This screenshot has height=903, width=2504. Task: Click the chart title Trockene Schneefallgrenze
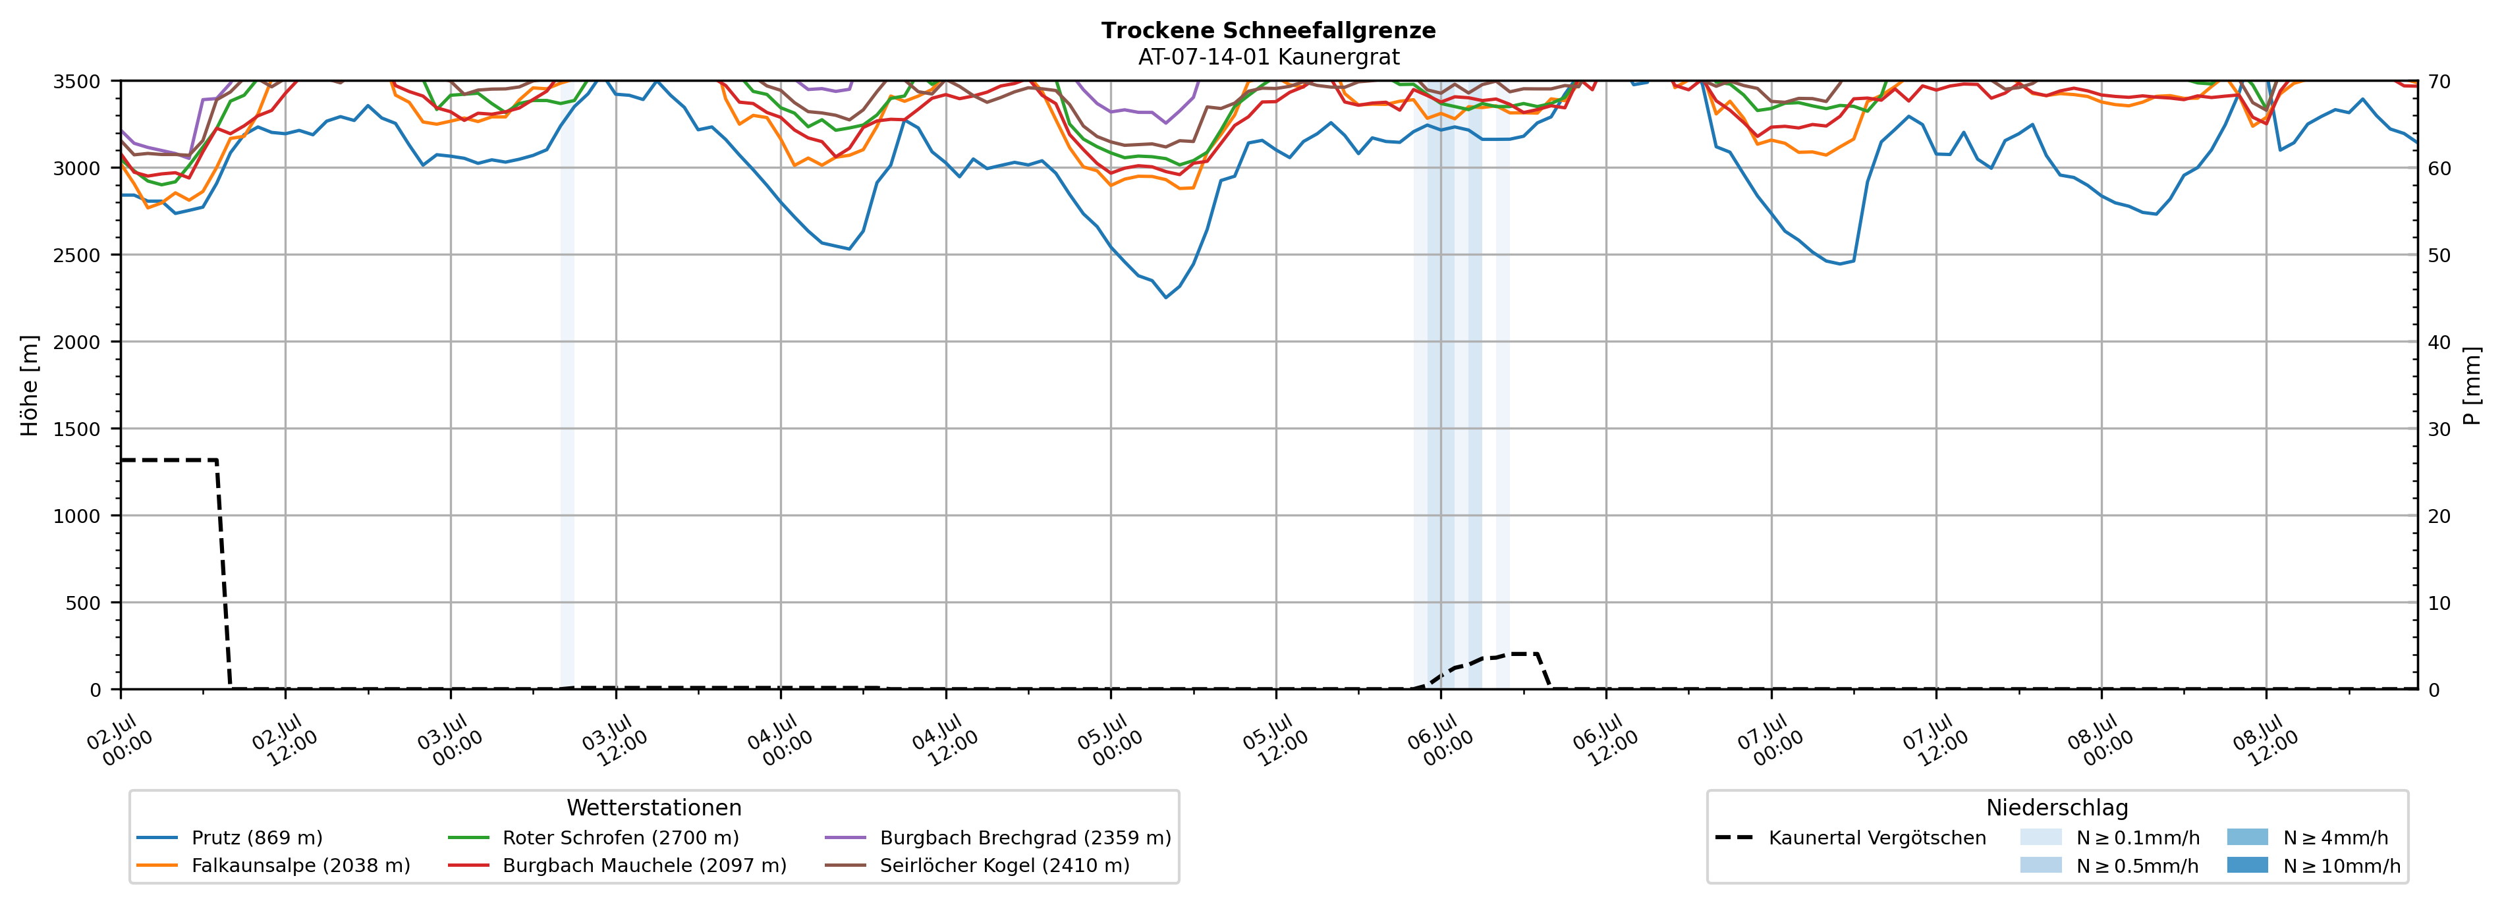pos(1269,30)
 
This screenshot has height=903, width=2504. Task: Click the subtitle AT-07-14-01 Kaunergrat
pos(1269,57)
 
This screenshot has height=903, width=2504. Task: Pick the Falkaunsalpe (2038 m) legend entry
pos(273,865)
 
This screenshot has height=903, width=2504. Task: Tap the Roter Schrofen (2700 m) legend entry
pos(593,838)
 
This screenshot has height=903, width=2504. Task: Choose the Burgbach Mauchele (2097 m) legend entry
pos(617,865)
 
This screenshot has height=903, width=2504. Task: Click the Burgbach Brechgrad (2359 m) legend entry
pos(998,838)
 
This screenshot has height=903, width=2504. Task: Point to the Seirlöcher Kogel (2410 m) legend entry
pos(977,865)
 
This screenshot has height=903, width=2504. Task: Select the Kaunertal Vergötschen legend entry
pos(1850,838)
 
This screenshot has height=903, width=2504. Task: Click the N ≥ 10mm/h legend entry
pos(2314,865)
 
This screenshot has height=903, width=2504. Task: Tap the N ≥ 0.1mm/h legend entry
pos(2109,838)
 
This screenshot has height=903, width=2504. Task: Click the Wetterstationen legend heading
pos(654,807)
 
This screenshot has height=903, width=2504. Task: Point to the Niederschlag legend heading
pos(2057,807)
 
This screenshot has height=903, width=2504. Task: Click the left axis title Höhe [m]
pos(30,385)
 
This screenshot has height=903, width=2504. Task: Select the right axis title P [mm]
pos(2472,385)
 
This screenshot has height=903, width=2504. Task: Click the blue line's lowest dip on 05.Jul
pos(1167,298)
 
